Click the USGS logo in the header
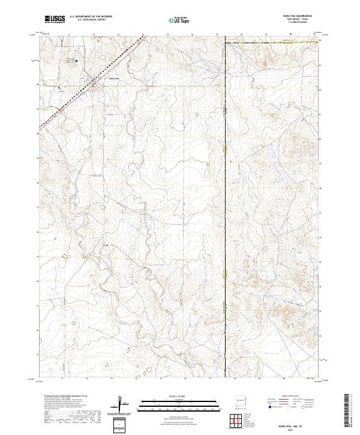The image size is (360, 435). click(x=55, y=19)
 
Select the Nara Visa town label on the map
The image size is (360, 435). click(x=114, y=79)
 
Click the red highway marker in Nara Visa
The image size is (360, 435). click(x=94, y=86)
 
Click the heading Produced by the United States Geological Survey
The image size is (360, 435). click(x=67, y=397)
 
